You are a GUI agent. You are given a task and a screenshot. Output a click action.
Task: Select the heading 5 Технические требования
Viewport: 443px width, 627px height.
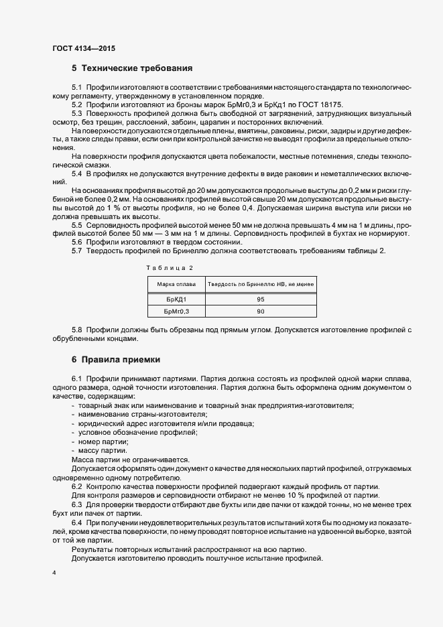click(x=132, y=68)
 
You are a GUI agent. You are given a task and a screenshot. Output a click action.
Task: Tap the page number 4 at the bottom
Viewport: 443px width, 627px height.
click(x=54, y=573)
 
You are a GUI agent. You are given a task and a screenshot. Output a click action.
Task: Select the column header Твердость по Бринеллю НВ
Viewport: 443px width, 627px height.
click(x=261, y=284)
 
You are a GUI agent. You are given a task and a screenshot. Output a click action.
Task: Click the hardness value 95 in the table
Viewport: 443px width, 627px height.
click(x=261, y=299)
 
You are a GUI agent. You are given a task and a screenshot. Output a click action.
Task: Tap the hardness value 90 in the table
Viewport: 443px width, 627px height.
click(x=261, y=312)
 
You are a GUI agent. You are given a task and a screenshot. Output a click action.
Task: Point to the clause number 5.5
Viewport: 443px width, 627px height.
click(x=77, y=226)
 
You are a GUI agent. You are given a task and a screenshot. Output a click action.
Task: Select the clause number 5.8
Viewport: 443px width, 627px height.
click(x=77, y=330)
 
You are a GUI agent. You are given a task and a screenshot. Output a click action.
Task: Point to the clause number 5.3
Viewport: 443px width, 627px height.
click(x=77, y=114)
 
